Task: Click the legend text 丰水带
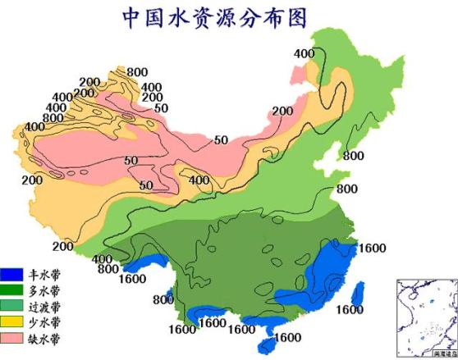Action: point(44,275)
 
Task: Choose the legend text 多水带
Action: point(44,290)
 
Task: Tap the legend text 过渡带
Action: point(44,306)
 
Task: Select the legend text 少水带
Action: point(44,321)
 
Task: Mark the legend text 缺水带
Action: point(44,337)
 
